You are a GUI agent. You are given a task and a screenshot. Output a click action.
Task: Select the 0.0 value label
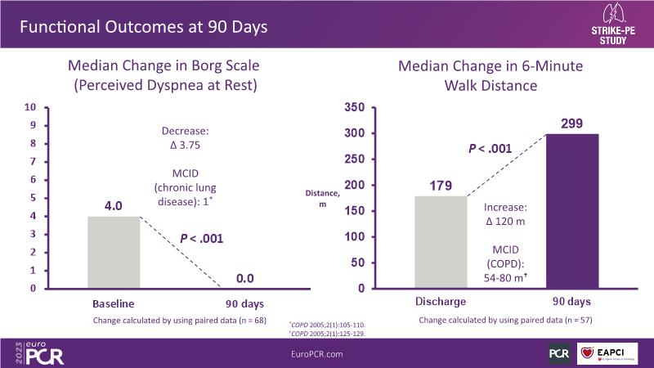pyautogui.click(x=244, y=279)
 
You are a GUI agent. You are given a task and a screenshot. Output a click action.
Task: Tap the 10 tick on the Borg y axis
pyautogui.click(x=30, y=107)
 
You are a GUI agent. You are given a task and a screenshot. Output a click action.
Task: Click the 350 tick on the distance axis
pyautogui.click(x=355, y=107)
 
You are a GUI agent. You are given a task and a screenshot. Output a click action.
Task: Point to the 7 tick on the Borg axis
pyautogui.click(x=31, y=162)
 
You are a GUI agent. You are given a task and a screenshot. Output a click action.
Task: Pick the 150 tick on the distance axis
pyautogui.click(x=355, y=211)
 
